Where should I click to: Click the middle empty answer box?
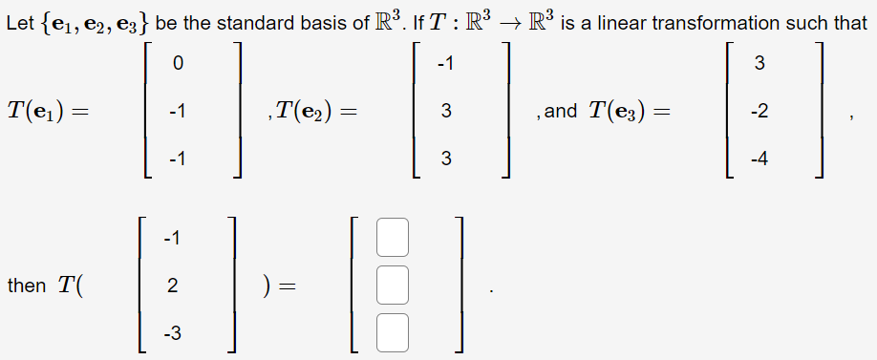[x=392, y=285]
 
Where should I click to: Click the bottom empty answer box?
[x=392, y=331]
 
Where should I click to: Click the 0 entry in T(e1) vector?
[x=177, y=64]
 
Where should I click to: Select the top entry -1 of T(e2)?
[x=444, y=64]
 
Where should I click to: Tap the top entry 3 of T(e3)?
[x=759, y=64]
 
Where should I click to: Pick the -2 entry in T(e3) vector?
[x=759, y=111]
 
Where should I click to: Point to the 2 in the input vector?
[x=171, y=285]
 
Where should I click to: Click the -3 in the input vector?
[x=171, y=331]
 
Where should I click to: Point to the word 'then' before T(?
[x=26, y=285]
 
